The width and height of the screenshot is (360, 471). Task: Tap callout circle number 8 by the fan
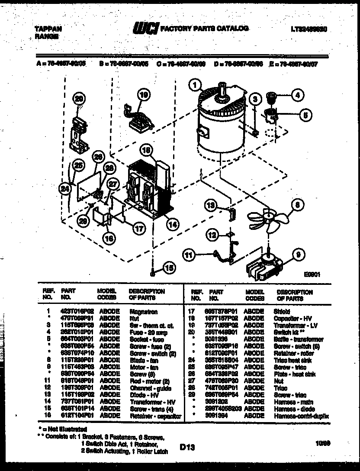298,204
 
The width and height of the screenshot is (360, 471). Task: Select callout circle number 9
298,255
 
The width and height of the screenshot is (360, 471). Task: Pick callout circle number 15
169,268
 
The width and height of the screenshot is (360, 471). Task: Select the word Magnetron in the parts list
143,311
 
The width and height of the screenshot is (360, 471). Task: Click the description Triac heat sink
293,360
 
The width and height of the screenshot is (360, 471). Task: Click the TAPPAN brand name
48,29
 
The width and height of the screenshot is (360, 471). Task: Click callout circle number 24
65,188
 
